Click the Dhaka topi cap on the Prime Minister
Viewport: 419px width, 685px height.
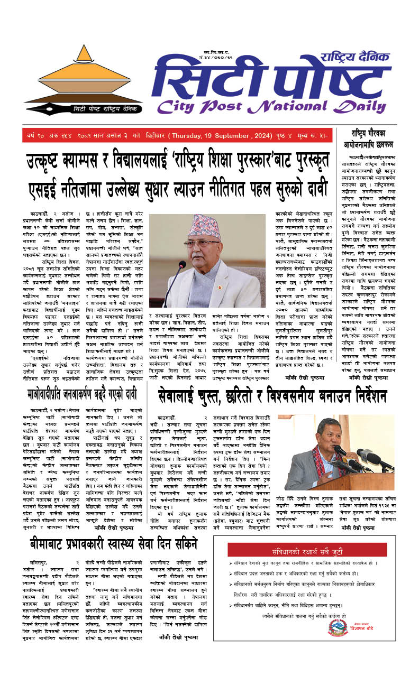205,225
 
